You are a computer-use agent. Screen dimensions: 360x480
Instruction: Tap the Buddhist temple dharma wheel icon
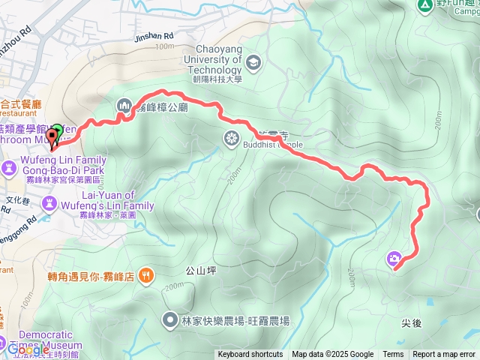pos(231,137)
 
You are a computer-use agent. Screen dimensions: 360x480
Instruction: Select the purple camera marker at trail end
pos(394,259)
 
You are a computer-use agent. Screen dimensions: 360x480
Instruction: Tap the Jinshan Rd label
pos(154,36)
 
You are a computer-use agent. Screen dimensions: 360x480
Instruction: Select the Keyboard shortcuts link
pos(250,355)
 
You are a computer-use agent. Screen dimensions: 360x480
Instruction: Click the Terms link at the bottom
pos(393,355)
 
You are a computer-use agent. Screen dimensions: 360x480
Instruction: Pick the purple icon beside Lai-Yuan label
pos(49,202)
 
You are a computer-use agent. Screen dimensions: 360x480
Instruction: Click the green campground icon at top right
pos(424,4)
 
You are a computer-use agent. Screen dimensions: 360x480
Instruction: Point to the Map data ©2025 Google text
pos(333,355)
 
